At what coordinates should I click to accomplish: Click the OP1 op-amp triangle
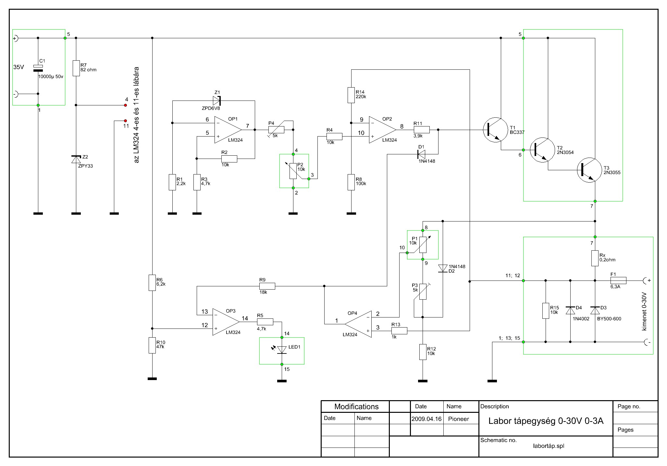coord(228,130)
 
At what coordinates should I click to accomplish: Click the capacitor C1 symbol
coord(38,68)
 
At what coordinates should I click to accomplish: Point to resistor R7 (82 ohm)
coord(76,68)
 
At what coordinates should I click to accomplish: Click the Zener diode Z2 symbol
coord(76,159)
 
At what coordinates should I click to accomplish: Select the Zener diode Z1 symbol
coord(217,101)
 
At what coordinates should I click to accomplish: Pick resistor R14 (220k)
coord(351,95)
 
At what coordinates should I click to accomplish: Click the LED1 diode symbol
coord(281,349)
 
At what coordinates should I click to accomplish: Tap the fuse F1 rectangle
coord(618,281)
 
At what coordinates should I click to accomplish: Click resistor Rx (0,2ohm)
coord(595,258)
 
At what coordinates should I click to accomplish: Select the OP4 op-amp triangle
coord(358,324)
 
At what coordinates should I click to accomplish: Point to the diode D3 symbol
coord(595,310)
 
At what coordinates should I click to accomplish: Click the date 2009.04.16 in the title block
coord(426,419)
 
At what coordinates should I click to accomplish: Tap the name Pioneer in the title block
coord(458,419)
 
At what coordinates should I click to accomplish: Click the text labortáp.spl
coord(549,446)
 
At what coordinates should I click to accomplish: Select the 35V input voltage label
coord(19,67)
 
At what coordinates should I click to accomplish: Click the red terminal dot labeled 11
coord(125,121)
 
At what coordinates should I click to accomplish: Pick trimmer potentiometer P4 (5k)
coord(276,130)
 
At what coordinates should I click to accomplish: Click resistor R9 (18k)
coord(267,286)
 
